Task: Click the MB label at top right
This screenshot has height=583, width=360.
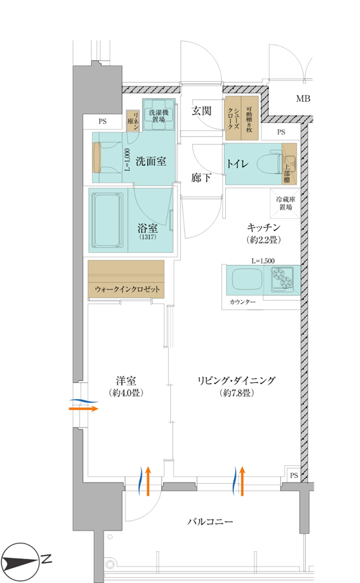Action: pos(303,98)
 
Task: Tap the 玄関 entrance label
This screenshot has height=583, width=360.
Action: pos(201,110)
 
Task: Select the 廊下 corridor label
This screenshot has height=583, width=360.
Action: pos(201,177)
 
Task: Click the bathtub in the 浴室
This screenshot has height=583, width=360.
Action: pos(108,220)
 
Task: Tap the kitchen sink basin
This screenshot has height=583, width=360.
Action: pos(247,280)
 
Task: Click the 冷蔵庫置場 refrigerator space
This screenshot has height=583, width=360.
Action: pos(286,203)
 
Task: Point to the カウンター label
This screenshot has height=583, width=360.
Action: pos(242,302)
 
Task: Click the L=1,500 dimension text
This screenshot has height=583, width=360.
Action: pos(263,261)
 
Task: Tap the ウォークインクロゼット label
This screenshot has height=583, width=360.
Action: pos(127,289)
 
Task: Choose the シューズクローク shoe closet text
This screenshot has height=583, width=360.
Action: pos(233,119)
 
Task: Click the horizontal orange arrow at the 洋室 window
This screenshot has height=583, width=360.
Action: pos(84,409)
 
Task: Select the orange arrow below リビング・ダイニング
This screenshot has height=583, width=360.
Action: pos(242,481)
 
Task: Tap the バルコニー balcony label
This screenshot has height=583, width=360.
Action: pos(210,521)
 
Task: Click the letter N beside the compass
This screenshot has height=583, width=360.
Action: pos(47,559)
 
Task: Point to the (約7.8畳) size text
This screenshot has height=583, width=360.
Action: pos(237,393)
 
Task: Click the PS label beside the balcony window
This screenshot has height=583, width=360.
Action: pos(294,475)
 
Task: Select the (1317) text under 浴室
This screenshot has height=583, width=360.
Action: pos(148,237)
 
